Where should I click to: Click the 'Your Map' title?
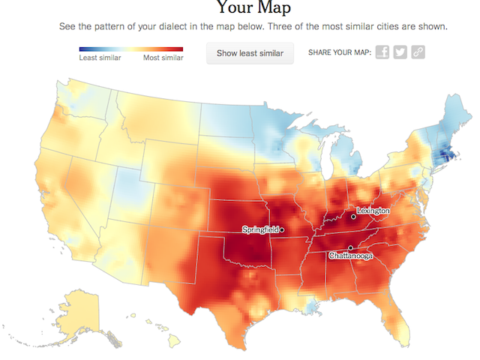pyautogui.click(x=253, y=8)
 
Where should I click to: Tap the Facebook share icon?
pyautogui.click(x=382, y=52)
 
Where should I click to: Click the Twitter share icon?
pyautogui.click(x=400, y=52)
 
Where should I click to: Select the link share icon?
pyautogui.click(x=418, y=52)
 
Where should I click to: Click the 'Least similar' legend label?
pyautogui.click(x=100, y=58)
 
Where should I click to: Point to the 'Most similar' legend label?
pyautogui.click(x=163, y=58)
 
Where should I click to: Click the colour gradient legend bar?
pyautogui.click(x=131, y=49)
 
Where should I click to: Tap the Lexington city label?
pyautogui.click(x=373, y=211)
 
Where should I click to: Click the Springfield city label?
pyautogui.click(x=260, y=229)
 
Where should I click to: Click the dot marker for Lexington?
pyautogui.click(x=353, y=217)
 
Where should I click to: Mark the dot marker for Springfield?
pyautogui.click(x=282, y=229)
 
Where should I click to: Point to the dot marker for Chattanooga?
pyautogui.click(x=349, y=247)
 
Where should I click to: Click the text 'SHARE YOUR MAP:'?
pyautogui.click(x=340, y=52)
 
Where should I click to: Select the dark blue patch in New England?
pyautogui.click(x=445, y=156)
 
